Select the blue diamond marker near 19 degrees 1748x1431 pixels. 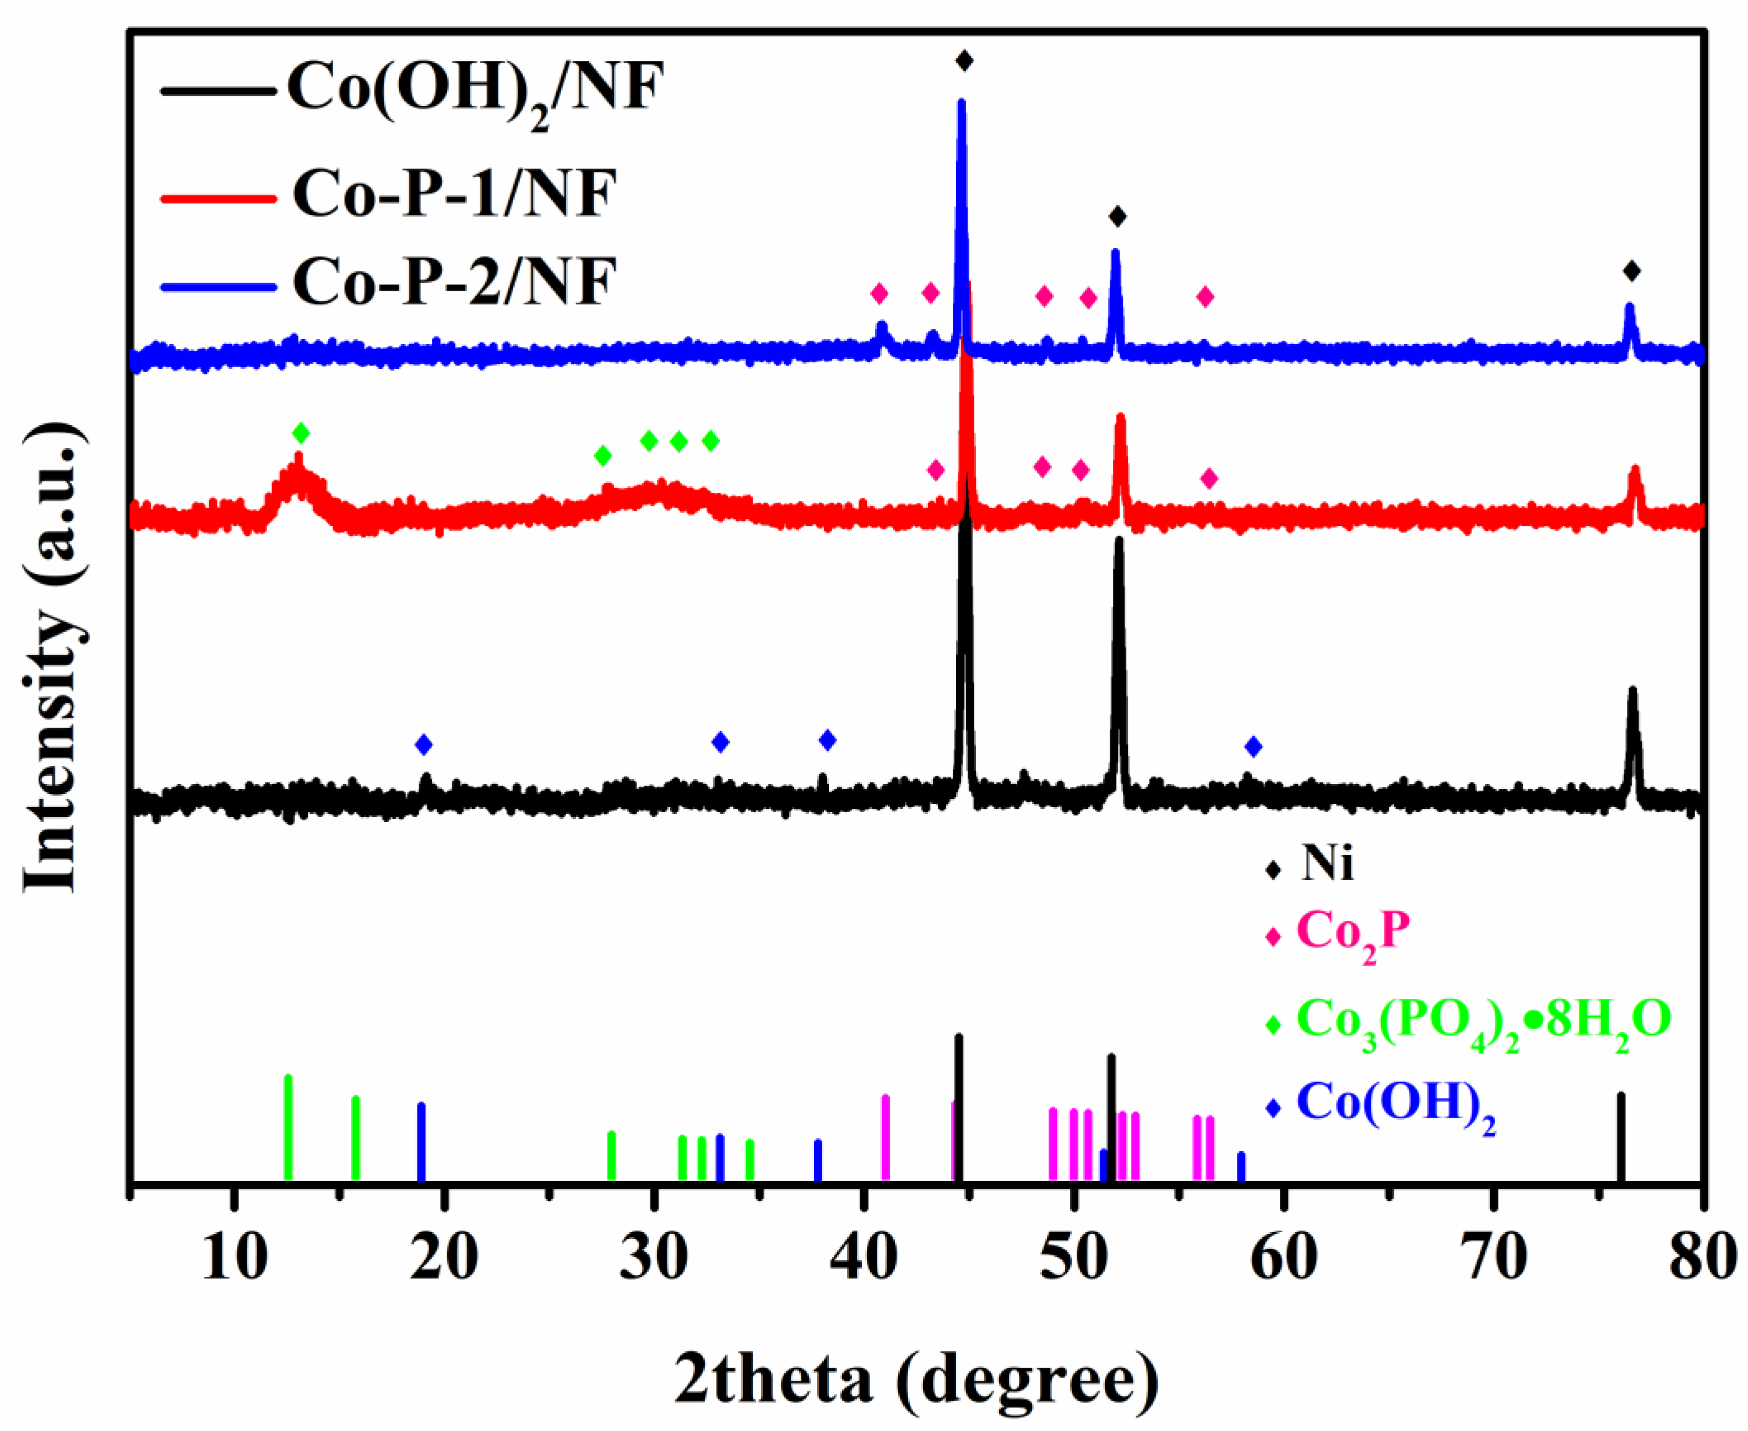[x=423, y=745]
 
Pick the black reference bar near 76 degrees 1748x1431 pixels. [x=1620, y=1138]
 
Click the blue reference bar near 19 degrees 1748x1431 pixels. [x=421, y=1142]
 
